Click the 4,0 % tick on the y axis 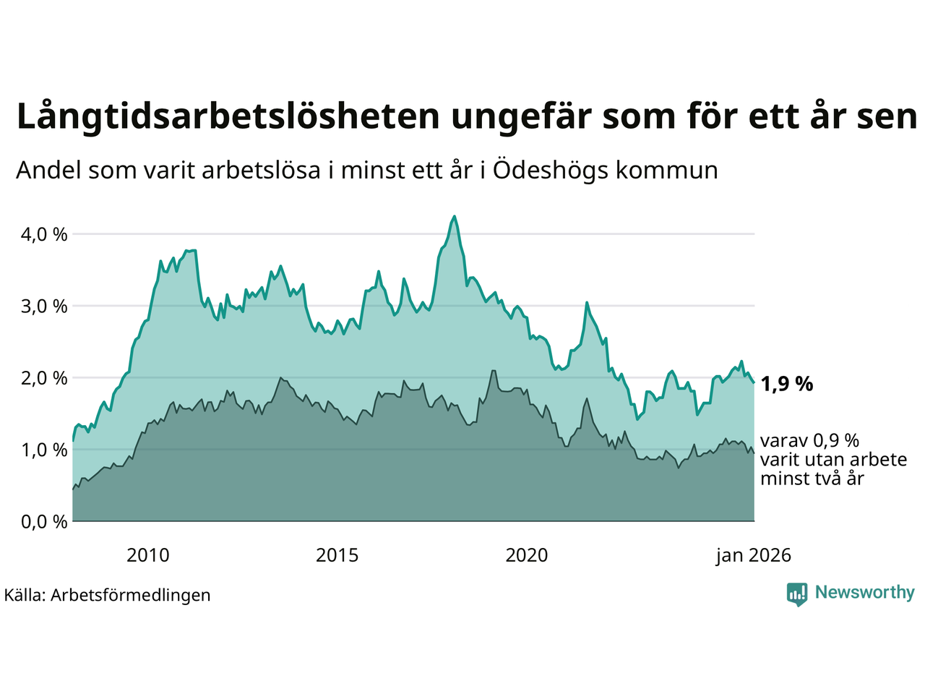point(44,234)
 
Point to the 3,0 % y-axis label point(44,306)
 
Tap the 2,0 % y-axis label point(44,377)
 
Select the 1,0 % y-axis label point(44,450)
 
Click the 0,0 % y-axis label point(44,521)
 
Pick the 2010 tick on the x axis point(147,555)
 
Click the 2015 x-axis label point(337,555)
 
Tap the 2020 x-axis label point(526,555)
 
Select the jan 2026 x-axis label point(754,555)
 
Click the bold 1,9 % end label point(787,384)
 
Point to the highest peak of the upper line point(454,216)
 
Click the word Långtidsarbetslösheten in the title point(228,116)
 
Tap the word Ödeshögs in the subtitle point(551,171)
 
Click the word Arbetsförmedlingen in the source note point(131,595)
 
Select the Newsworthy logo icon point(797,594)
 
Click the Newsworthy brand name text point(864,593)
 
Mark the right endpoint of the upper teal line point(754,382)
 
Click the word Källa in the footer point(24,595)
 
